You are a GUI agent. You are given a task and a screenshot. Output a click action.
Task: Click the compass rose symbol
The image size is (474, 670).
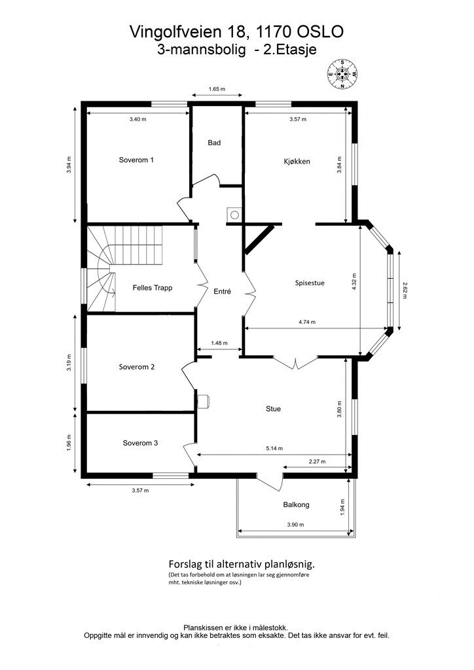coord(342,75)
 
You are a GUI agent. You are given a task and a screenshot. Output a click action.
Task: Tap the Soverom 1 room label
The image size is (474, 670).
coord(136,160)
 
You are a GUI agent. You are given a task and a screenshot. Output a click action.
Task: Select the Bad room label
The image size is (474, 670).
coord(214,143)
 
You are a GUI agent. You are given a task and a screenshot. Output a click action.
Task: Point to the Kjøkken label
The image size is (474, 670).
coord(297,162)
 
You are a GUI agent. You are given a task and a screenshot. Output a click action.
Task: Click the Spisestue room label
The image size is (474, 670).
coord(310,283)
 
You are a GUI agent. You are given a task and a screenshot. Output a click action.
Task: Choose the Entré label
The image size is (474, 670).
coord(222,291)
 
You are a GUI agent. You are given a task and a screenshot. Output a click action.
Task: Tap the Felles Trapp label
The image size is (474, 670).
coord(153,288)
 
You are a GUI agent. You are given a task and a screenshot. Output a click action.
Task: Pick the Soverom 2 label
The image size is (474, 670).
coord(137,367)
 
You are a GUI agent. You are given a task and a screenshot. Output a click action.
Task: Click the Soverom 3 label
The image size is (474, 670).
coord(140,443)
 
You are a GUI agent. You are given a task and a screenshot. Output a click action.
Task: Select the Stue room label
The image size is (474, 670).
coord(274,409)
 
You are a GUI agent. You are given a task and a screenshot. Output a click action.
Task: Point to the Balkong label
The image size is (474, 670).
coord(296,505)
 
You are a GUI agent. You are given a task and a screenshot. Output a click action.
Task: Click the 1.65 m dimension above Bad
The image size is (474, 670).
coord(217,89)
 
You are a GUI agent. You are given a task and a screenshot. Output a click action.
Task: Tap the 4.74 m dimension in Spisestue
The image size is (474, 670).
coord(307,322)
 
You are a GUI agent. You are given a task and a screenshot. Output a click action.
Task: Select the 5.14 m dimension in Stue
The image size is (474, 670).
coord(274,449)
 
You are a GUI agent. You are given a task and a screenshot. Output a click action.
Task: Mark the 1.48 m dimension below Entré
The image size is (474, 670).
coord(219,343)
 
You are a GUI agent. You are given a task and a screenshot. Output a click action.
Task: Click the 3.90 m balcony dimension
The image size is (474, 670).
coord(295,525)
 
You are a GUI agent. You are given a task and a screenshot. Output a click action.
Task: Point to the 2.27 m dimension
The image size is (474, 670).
coord(317,461)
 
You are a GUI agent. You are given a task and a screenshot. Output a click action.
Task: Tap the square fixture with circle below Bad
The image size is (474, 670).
coord(234,215)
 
